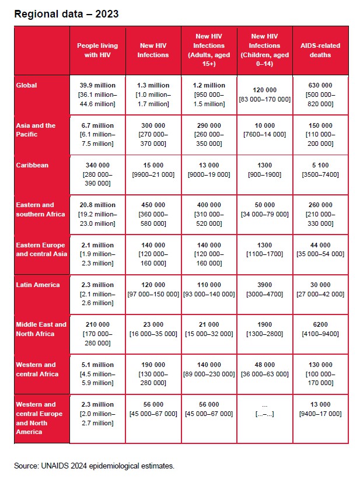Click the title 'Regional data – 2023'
click(x=67, y=13)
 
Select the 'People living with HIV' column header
click(x=97, y=50)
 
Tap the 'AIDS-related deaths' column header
click(x=320, y=50)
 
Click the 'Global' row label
click(x=26, y=85)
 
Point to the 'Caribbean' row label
click(x=33, y=165)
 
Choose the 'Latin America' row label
click(x=38, y=285)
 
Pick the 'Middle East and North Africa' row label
click(x=41, y=329)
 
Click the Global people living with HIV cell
click(x=97, y=95)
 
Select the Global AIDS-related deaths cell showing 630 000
click(x=320, y=95)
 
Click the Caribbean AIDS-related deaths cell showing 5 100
click(x=320, y=170)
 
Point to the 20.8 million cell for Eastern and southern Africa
click(x=97, y=214)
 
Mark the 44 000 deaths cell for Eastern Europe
click(x=320, y=250)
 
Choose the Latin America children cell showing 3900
click(x=265, y=289)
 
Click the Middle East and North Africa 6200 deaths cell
click(x=320, y=329)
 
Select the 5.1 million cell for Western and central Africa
click(x=97, y=374)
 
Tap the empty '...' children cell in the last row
click(x=265, y=409)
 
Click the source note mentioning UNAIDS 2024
click(x=94, y=466)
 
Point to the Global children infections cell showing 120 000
click(x=265, y=95)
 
